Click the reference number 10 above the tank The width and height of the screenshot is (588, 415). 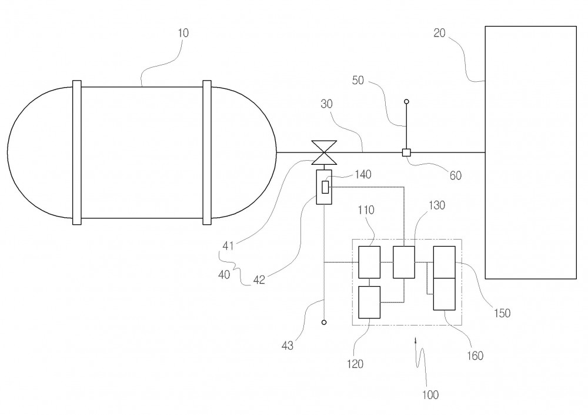(183, 33)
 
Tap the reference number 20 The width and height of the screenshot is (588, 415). (439, 33)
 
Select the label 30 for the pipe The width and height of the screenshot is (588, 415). (326, 104)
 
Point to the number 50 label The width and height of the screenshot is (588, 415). (358, 81)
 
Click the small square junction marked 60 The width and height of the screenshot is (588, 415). (406, 152)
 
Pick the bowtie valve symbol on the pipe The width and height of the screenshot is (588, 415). (325, 152)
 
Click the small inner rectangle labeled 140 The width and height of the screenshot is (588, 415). (325, 187)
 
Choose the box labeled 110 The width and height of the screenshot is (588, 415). (369, 262)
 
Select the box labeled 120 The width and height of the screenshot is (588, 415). (369, 303)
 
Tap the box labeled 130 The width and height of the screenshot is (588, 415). (404, 262)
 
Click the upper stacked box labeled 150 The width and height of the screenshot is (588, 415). (445, 262)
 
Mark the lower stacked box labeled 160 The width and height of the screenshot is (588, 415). (445, 294)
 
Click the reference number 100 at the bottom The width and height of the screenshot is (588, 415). (430, 395)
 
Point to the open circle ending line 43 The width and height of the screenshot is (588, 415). (324, 322)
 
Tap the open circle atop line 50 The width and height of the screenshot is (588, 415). (406, 101)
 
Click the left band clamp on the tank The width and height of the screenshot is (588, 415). (77, 152)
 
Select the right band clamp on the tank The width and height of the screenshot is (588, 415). (207, 152)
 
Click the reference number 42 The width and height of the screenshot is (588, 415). (259, 280)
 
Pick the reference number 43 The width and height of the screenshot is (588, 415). (288, 346)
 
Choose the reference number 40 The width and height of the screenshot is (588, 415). (224, 275)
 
